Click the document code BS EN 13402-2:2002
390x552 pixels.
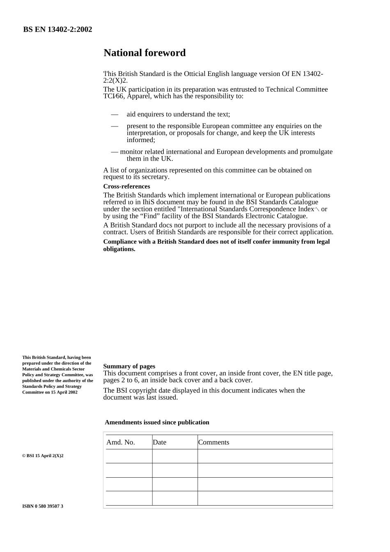pyautogui.click(x=57, y=30)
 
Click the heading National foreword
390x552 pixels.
pyautogui.click(x=145, y=53)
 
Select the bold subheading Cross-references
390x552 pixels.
pyautogui.click(x=126, y=186)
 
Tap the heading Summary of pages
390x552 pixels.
pyautogui.click(x=129, y=366)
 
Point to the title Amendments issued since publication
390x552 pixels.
pyautogui.click(x=157, y=423)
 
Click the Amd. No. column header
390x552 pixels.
pyautogui.click(x=121, y=442)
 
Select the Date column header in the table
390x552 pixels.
pyautogui.click(x=160, y=442)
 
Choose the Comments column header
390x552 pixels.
pyautogui.click(x=213, y=442)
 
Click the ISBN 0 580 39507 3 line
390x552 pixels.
pyautogui.click(x=43, y=506)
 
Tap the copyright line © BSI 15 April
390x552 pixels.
pyautogui.click(x=43, y=456)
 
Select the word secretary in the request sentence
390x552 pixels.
pyautogui.click(x=155, y=177)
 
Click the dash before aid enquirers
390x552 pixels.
pyautogui.click(x=115, y=115)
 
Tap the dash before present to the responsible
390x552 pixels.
pyautogui.click(x=115, y=126)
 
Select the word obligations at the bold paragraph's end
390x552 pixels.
pyautogui.click(x=119, y=249)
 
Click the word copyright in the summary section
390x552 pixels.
pyautogui.click(x=143, y=391)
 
